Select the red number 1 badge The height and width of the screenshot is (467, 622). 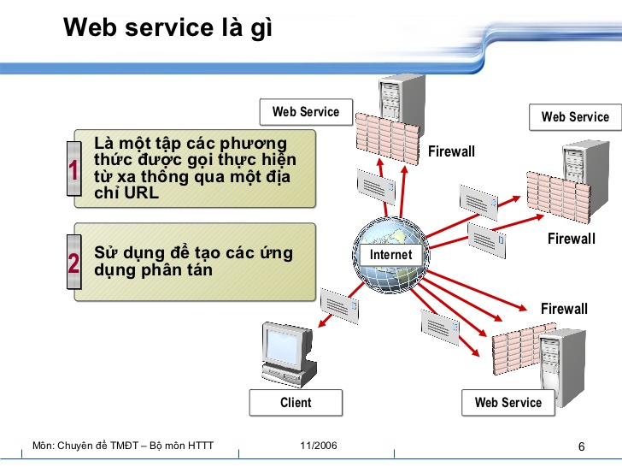tap(74, 170)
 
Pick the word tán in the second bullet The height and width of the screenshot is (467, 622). tap(197, 270)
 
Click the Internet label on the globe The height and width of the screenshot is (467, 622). tap(390, 255)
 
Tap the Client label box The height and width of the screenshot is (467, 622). tap(296, 403)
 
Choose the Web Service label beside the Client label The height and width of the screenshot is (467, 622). tap(508, 403)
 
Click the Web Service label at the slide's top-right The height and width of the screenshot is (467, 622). tap(575, 117)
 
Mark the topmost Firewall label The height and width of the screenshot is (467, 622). tap(451, 151)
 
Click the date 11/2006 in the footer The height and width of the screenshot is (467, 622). tap(319, 446)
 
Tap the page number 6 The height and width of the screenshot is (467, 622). tap(582, 447)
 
